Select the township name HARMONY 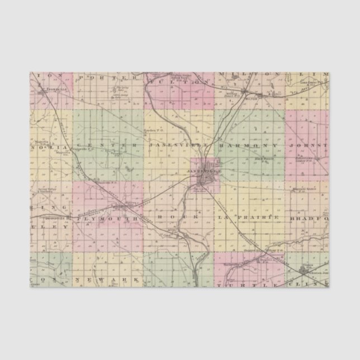pyautogui.click(x=240, y=145)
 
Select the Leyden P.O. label pyautogui.click(x=153, y=130)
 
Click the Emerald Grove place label pyautogui.click(x=304, y=190)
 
